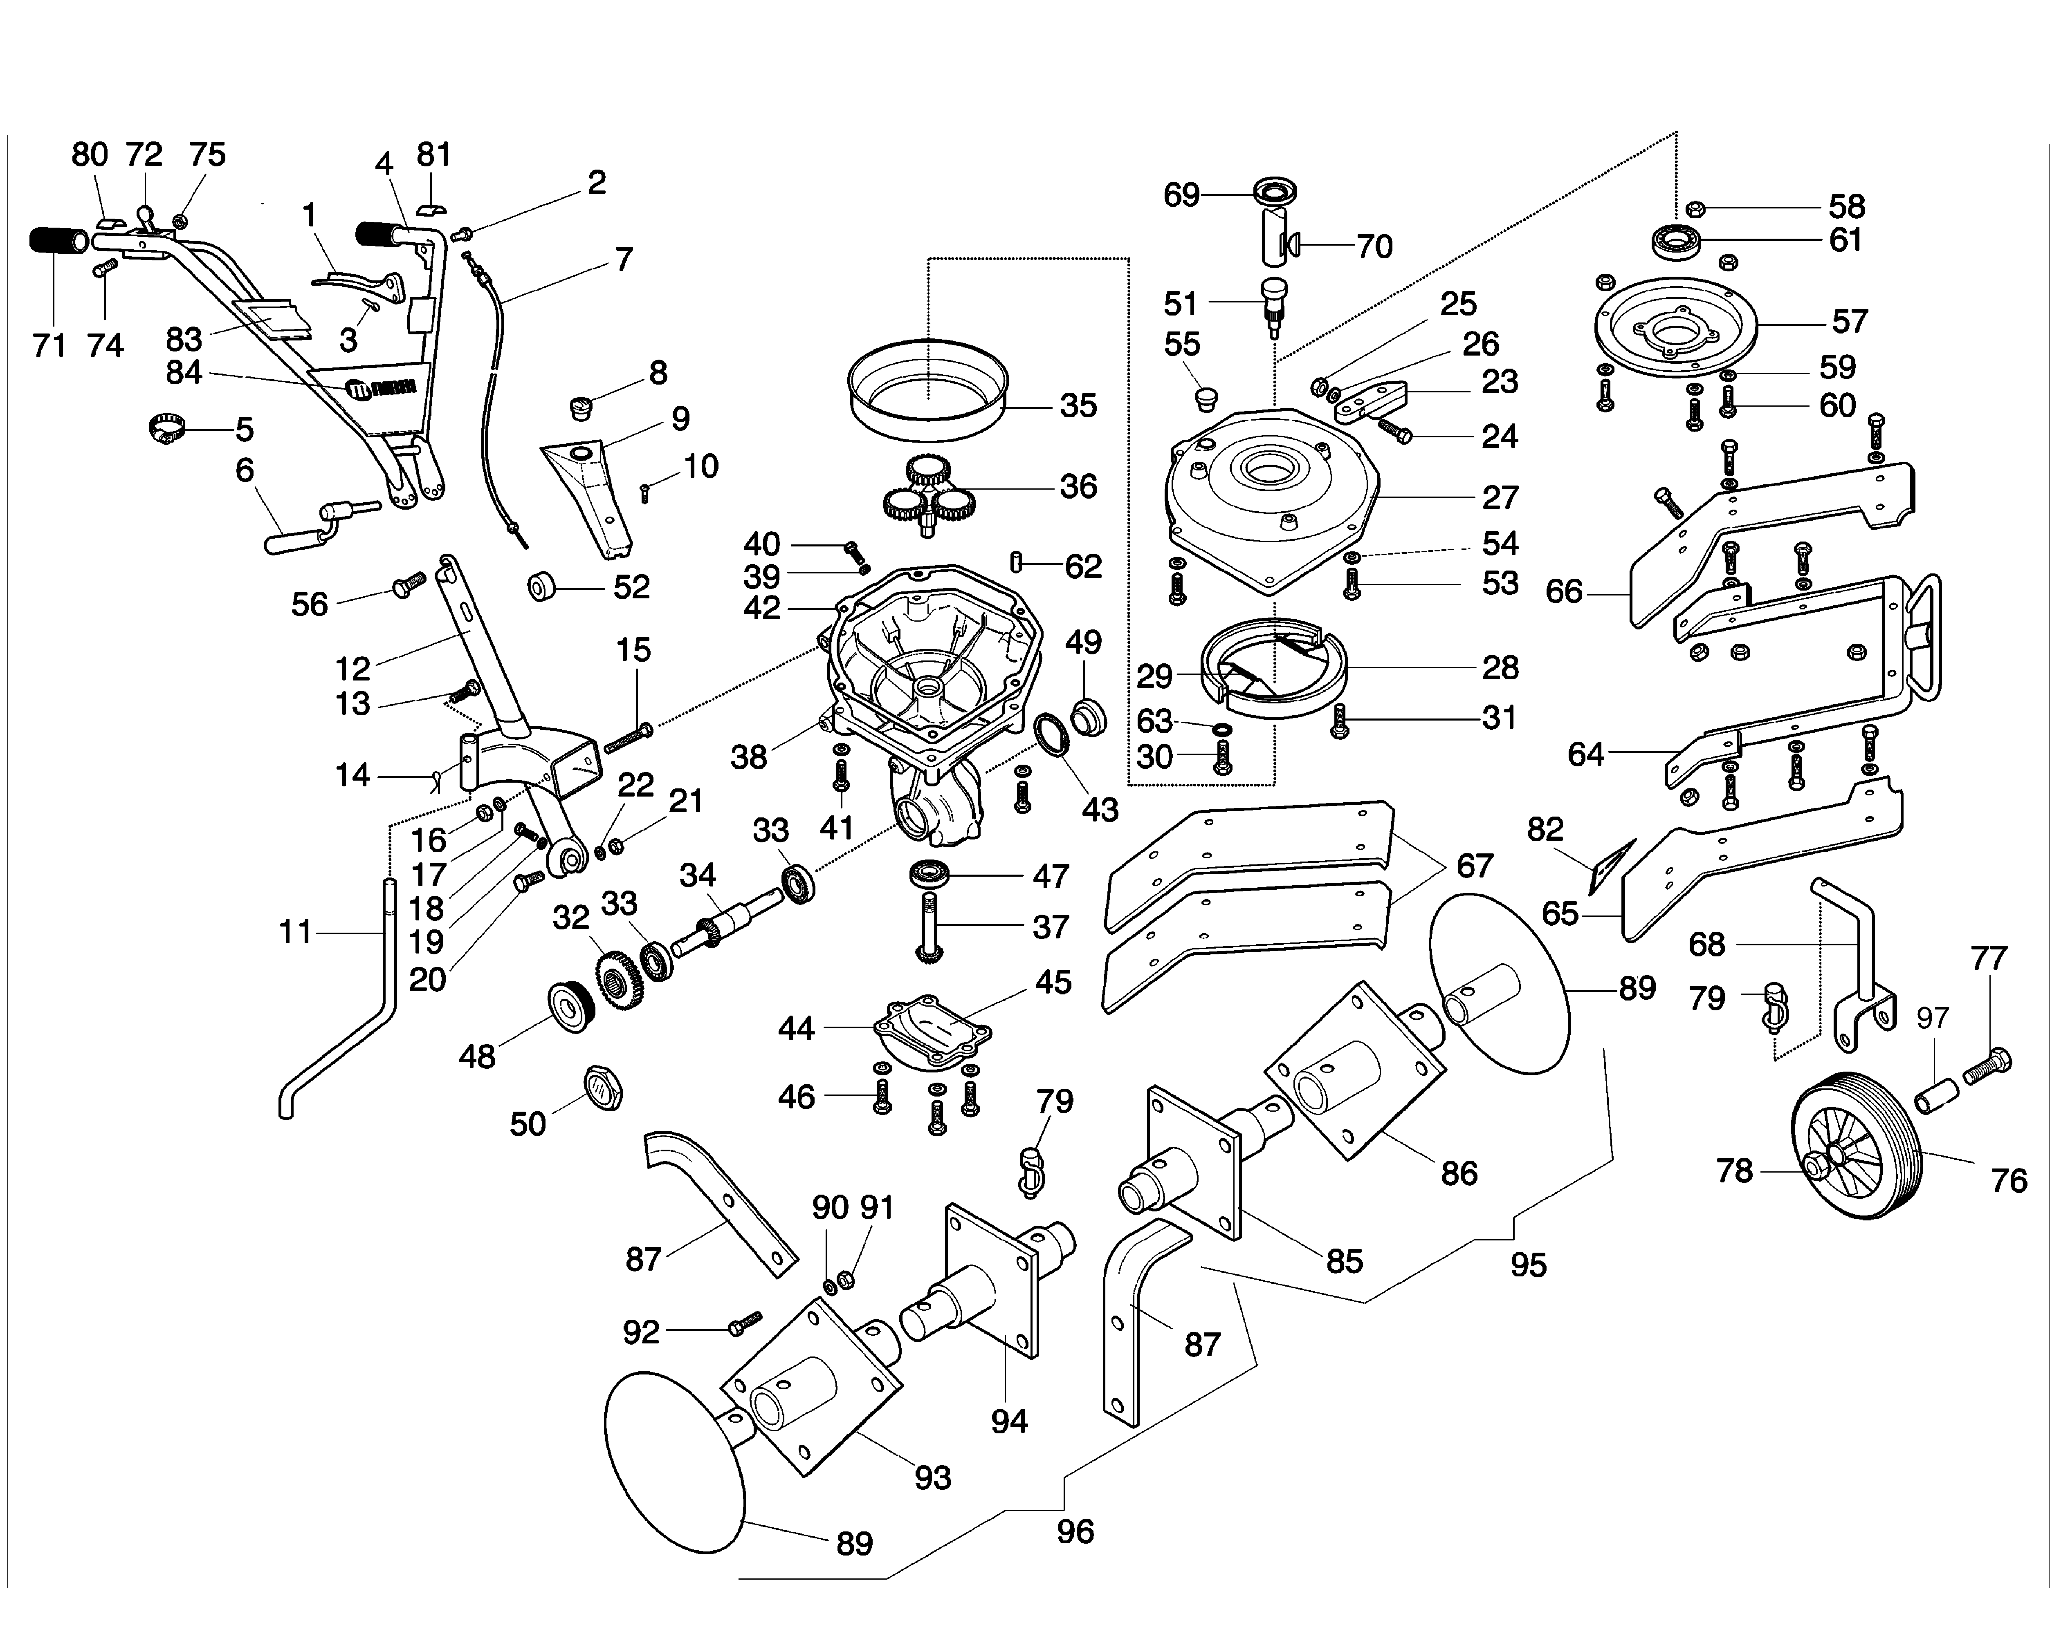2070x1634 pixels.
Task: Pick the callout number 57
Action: (1849, 321)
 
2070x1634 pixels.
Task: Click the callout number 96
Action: (1075, 1532)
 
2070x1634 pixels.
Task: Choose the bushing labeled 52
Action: (543, 586)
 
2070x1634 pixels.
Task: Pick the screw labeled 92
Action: (743, 1325)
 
